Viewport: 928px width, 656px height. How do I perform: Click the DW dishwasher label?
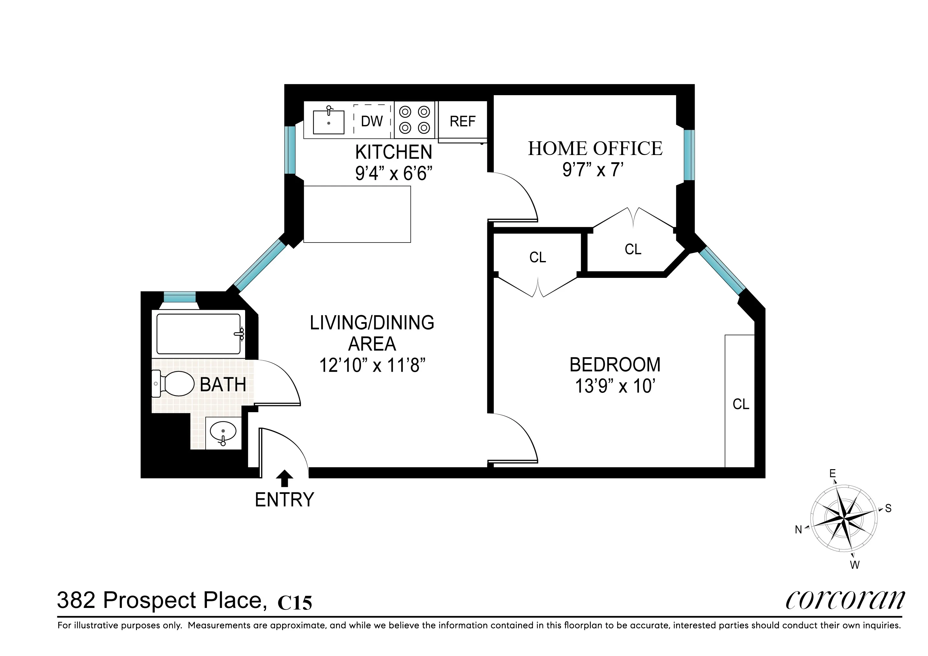click(372, 121)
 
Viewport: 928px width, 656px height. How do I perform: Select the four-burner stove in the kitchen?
click(414, 120)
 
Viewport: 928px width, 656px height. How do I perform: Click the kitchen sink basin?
click(329, 122)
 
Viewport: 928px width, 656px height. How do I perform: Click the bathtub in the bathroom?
click(198, 334)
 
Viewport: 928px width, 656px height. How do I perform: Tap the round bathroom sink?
click(223, 432)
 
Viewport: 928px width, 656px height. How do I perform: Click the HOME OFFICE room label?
click(595, 148)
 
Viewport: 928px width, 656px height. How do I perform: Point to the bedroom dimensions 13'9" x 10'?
click(615, 386)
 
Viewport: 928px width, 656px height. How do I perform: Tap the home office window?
click(689, 155)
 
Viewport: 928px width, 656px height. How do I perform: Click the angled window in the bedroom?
click(722, 271)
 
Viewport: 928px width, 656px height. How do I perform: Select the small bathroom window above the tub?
click(180, 297)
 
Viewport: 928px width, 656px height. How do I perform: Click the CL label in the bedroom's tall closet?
click(740, 404)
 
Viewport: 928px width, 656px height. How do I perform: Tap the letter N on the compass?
click(798, 530)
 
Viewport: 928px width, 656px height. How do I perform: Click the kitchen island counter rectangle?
click(357, 214)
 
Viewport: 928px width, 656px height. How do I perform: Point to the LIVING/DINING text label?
click(372, 322)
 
